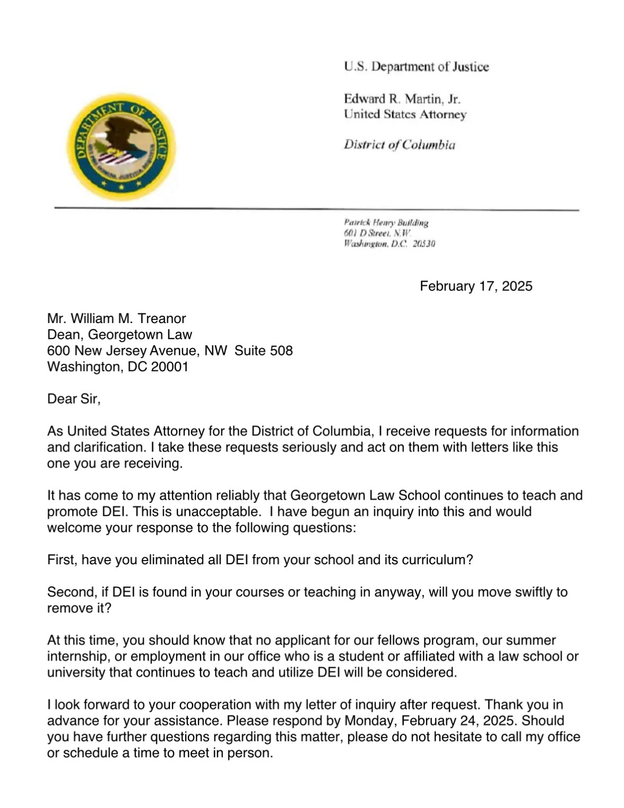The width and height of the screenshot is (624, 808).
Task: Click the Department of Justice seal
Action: coord(121,146)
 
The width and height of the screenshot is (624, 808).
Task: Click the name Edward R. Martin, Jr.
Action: coord(402,99)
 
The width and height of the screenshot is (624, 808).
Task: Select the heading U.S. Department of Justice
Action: coord(416,67)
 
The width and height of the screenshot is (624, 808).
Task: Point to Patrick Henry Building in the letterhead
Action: coord(386,223)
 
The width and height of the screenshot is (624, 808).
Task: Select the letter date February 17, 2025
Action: coord(476,286)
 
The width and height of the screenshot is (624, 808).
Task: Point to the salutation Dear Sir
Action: coord(74,399)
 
